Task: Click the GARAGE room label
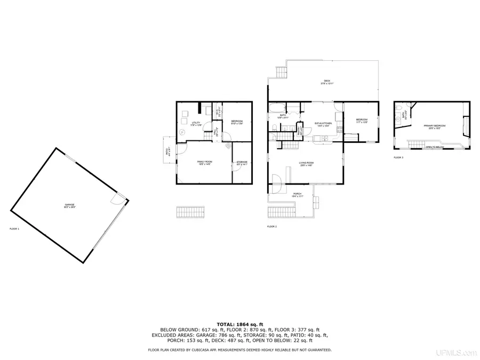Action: (x=70, y=205)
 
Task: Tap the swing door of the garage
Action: (x=115, y=199)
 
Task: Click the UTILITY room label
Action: (x=196, y=123)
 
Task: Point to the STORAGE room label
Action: (x=242, y=163)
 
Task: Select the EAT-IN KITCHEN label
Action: (x=323, y=124)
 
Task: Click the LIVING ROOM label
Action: (x=306, y=164)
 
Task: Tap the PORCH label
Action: (x=297, y=195)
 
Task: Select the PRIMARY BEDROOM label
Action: (x=435, y=126)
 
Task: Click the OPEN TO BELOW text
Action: (x=435, y=147)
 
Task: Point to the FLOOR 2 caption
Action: (x=272, y=227)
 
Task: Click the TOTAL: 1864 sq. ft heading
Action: (x=239, y=324)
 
